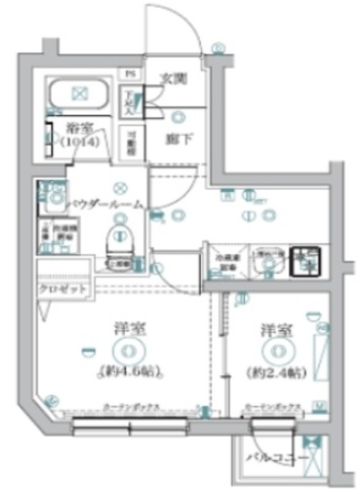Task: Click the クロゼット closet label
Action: (65, 289)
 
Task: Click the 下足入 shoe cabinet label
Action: (132, 100)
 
